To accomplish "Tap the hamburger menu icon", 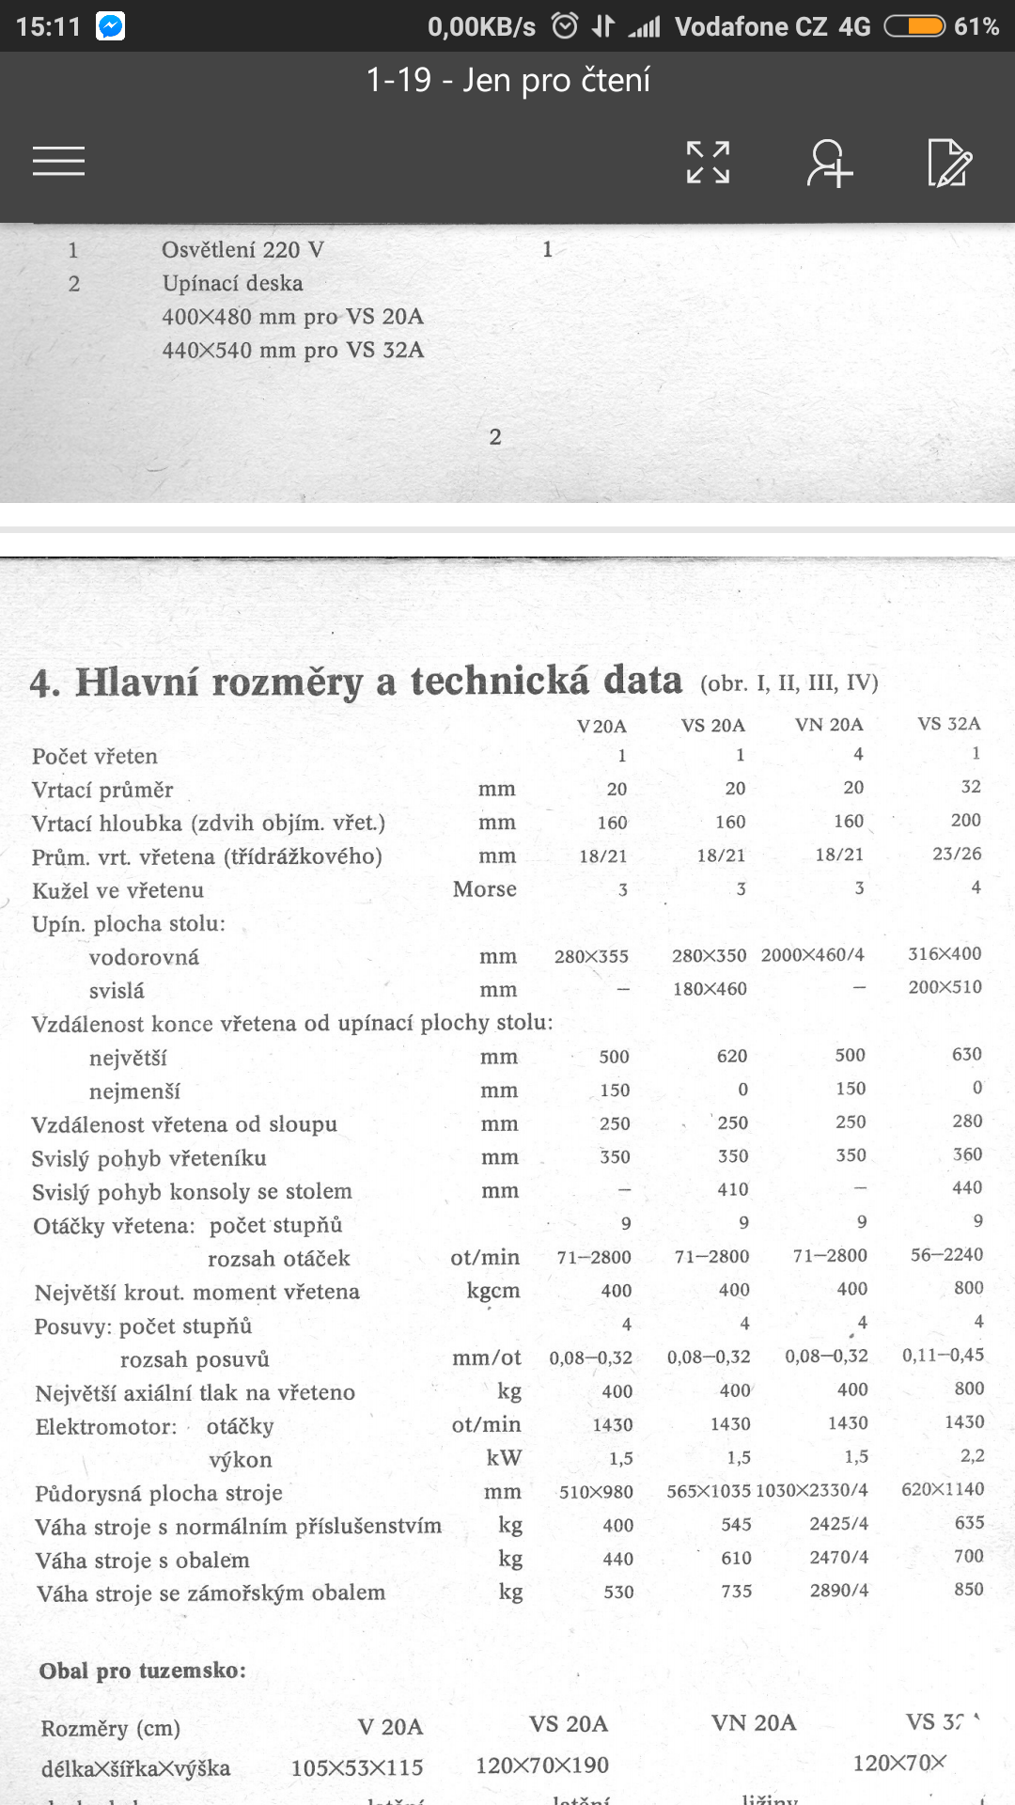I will pos(58,161).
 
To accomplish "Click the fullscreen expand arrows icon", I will pos(708,162).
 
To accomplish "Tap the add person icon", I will pos(829,163).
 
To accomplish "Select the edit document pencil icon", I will pos(949,163).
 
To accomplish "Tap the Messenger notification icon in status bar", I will pos(110,26).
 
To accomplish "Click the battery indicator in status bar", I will pos(914,26).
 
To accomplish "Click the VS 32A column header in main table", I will pos(948,724).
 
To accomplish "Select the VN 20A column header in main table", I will pos(828,725).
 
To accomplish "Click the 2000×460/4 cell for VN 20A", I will pos(812,955).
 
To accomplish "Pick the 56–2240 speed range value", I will pos(946,1255).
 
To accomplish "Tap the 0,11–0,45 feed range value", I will pos(943,1356).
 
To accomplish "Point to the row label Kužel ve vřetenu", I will pos(117,890).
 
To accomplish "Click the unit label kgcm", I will pos(492,1291).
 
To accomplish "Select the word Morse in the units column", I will pos(484,889).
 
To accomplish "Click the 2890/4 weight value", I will pos(838,1591).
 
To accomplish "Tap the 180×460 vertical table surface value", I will pos(710,989).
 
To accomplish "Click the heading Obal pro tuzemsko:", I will pos(142,1671).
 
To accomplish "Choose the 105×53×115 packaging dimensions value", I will pos(357,1767).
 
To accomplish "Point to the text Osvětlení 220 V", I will pos(242,250).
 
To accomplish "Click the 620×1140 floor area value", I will pos(943,1489).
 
